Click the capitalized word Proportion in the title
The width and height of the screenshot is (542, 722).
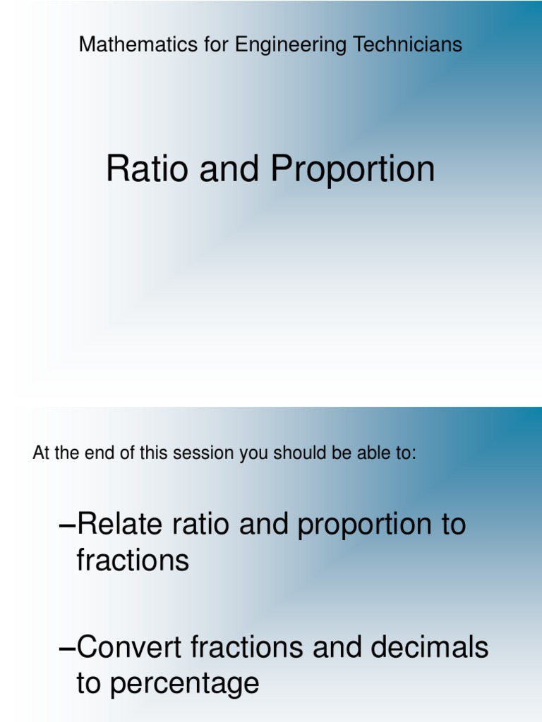[x=353, y=170]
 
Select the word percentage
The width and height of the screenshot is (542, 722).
[x=186, y=685]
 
